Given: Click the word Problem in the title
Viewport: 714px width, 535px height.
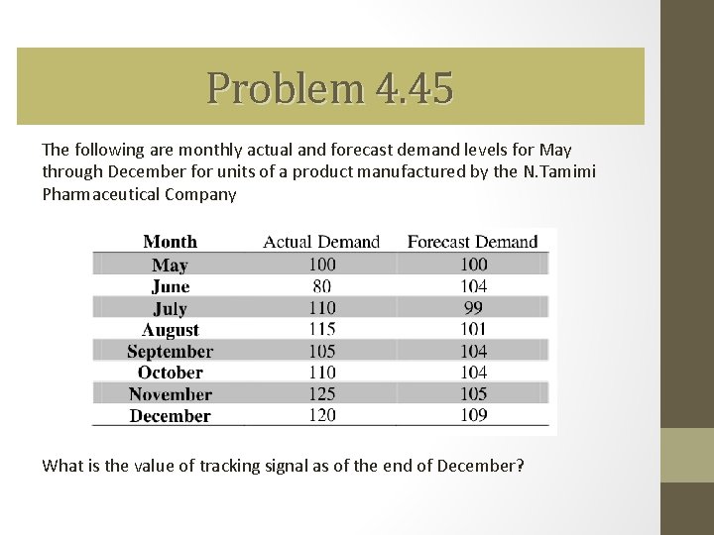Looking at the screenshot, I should point(286,88).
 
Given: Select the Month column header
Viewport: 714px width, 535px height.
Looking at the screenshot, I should point(170,242).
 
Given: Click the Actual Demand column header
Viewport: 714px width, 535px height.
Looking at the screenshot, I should point(321,242).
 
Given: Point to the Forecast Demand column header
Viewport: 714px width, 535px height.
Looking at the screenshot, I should point(473,242).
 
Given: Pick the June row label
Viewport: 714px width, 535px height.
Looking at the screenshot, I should point(170,286).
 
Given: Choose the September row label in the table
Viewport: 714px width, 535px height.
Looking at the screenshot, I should point(170,352).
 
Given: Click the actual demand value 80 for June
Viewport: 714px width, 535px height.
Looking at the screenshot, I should point(321,286).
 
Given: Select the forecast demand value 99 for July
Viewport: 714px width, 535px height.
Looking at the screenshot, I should point(473,308).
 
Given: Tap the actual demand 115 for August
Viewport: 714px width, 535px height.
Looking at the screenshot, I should point(321,329).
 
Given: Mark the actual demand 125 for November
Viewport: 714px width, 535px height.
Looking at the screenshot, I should point(321,394).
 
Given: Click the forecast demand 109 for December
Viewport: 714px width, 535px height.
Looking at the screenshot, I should point(473,415).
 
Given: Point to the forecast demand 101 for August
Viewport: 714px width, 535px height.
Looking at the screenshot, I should point(473,329).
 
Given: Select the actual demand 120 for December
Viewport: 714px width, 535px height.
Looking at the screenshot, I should point(321,415).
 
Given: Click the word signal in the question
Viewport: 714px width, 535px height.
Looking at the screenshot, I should point(318,465).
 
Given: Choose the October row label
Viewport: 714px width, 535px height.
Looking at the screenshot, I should point(170,374).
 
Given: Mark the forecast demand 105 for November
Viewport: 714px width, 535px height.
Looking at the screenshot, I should point(473,394).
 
